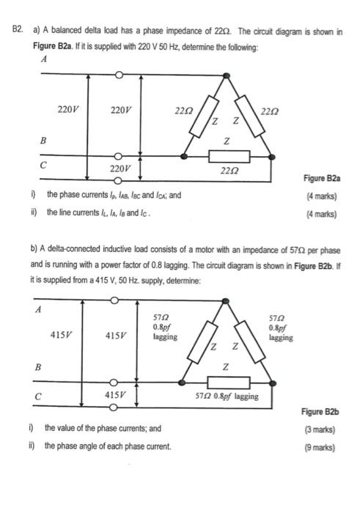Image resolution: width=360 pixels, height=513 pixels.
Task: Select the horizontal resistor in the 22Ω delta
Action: point(228,156)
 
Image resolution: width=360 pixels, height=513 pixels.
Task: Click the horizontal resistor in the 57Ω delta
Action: point(228,383)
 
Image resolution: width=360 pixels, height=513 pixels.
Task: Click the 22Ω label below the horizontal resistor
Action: point(228,170)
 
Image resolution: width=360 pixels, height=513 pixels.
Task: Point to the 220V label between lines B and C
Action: point(120,169)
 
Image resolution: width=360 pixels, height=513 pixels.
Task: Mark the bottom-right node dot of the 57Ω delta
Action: point(273,383)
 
